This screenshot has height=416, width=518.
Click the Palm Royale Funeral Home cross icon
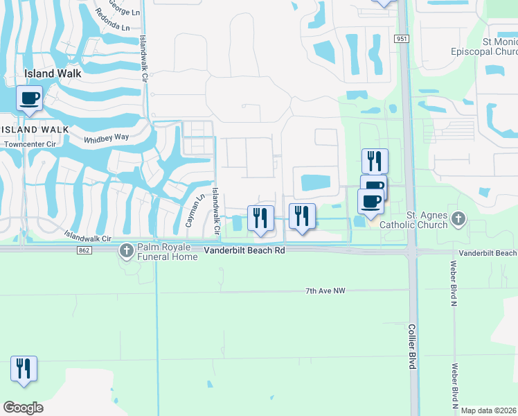[x=126, y=250]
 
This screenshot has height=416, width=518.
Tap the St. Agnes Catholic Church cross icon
[x=458, y=219]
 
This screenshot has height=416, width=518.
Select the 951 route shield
[x=402, y=40]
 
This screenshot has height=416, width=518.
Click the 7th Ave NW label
[x=325, y=291]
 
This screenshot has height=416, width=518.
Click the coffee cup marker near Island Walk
[x=29, y=98]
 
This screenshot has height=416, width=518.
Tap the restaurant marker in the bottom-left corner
[x=24, y=369]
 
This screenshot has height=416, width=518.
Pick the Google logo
[x=23, y=408]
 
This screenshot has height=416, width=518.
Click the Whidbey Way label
[x=106, y=138]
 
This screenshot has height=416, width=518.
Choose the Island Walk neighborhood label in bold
[x=53, y=73]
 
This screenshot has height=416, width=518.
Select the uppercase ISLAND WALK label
[x=35, y=130]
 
